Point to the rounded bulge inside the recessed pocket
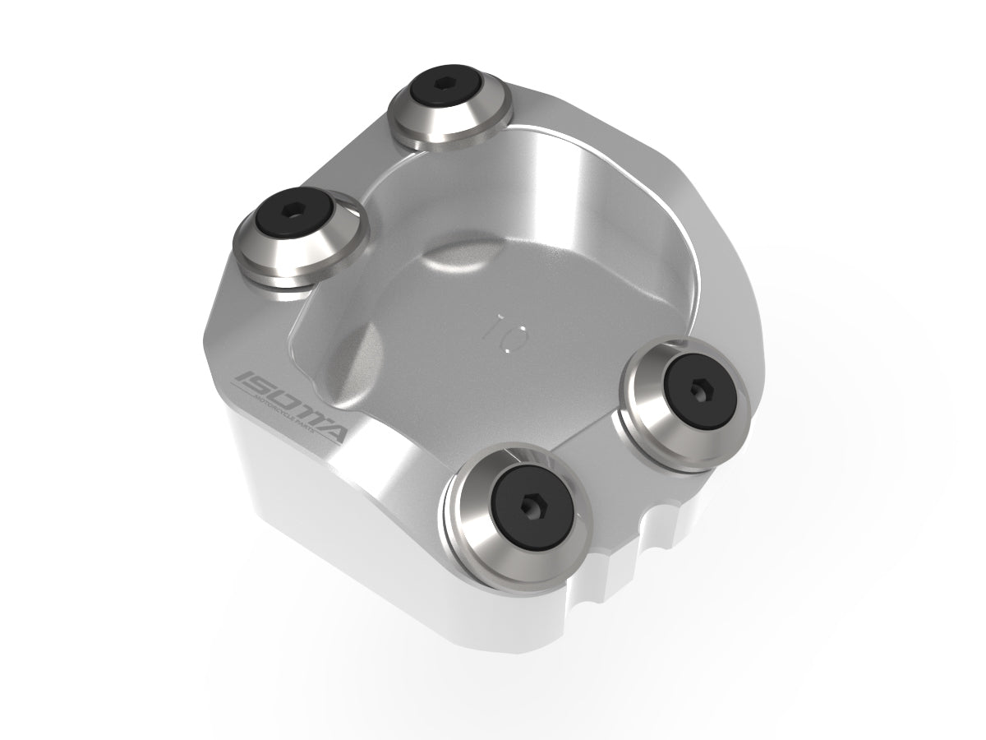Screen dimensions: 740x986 click(x=448, y=263)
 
